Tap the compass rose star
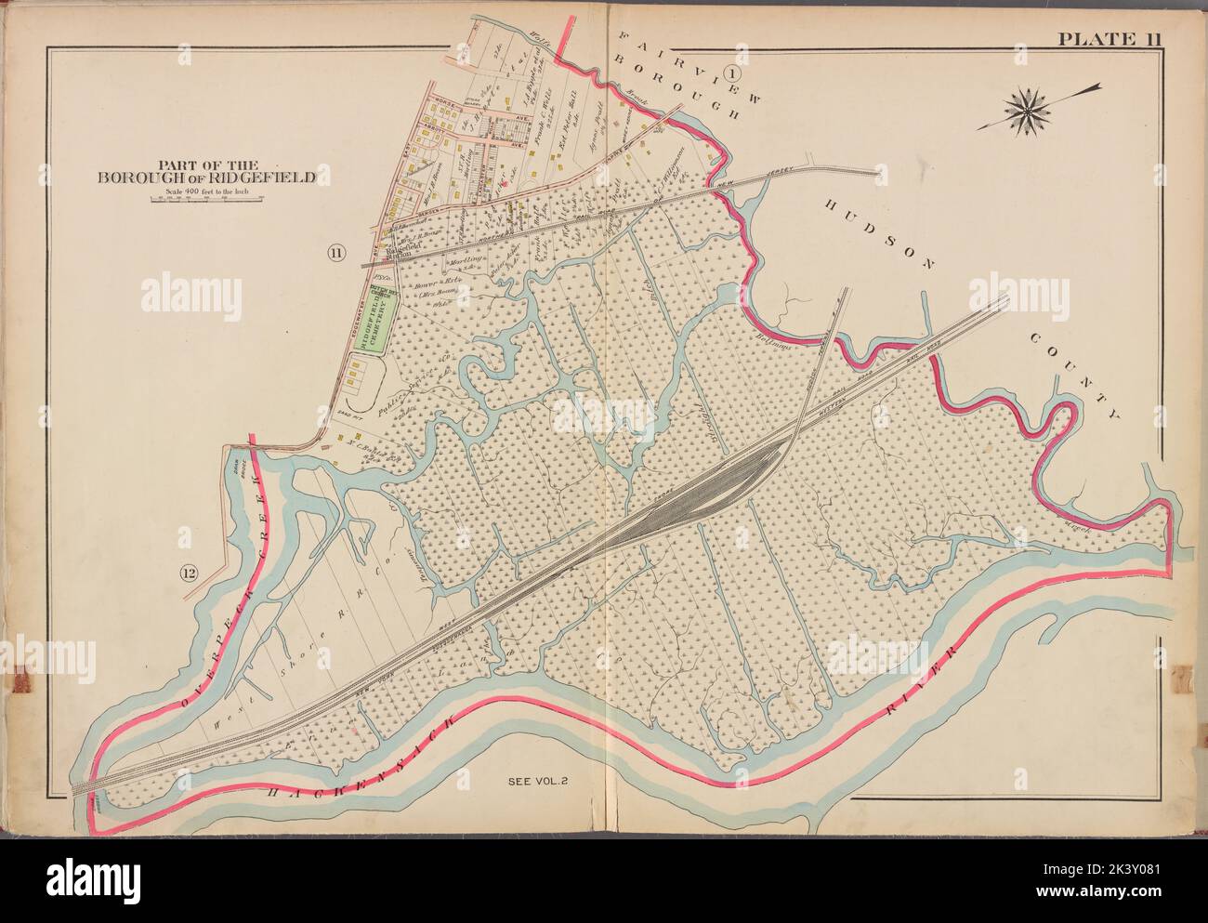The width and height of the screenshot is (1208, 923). (1030, 109)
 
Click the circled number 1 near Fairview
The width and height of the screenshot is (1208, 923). (732, 73)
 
